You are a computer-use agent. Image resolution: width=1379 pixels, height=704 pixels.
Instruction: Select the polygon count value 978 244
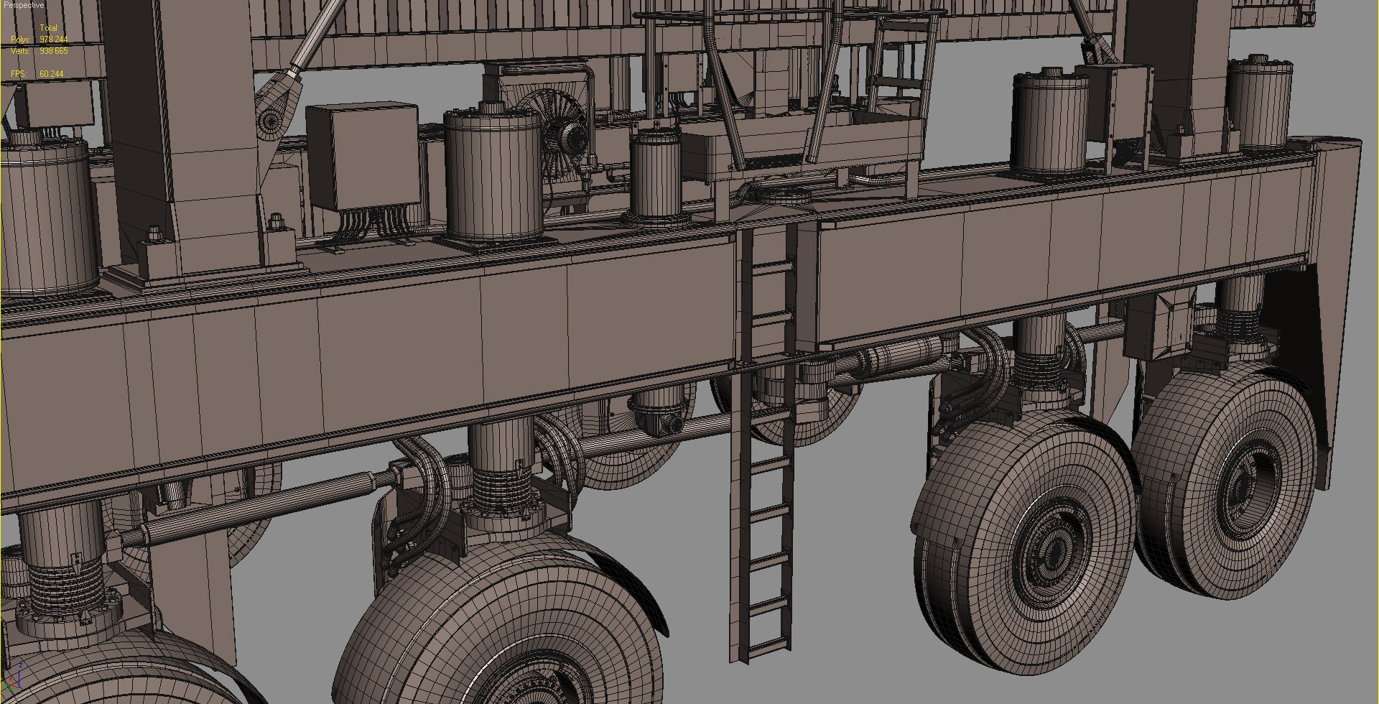pos(54,40)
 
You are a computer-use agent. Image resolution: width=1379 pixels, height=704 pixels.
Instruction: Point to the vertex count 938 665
pos(54,51)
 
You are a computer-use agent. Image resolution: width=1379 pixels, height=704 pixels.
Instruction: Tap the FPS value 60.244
pos(52,74)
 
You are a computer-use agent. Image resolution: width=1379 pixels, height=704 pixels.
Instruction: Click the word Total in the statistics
pos(48,28)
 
